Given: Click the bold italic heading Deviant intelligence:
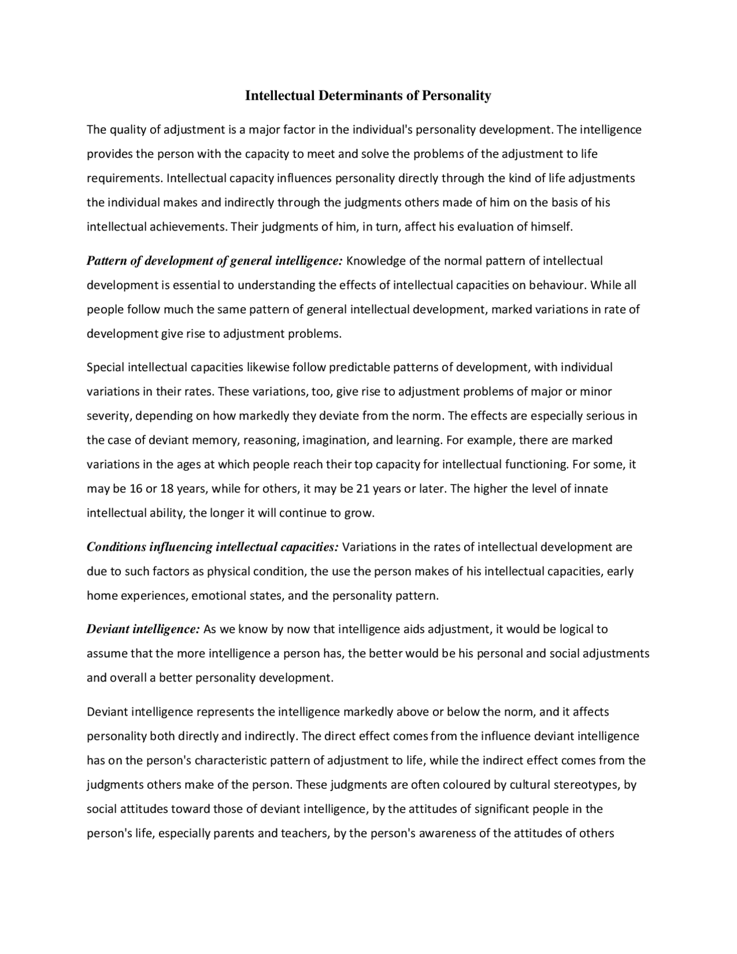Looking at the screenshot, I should click(143, 629).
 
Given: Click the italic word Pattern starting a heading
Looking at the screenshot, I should click(107, 261).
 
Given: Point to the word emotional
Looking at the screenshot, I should click(215, 596).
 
